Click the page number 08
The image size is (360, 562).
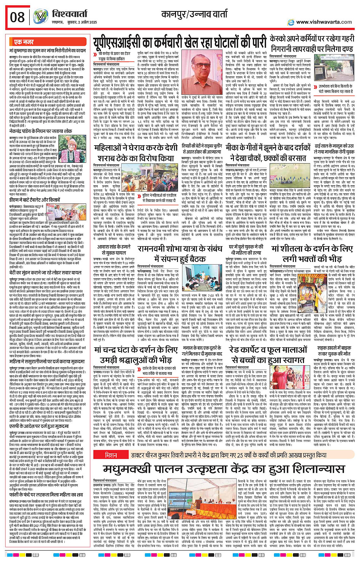[x=17, y=17]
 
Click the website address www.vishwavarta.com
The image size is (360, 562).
[x=324, y=22]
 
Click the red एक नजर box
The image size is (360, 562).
[x=24, y=42]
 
